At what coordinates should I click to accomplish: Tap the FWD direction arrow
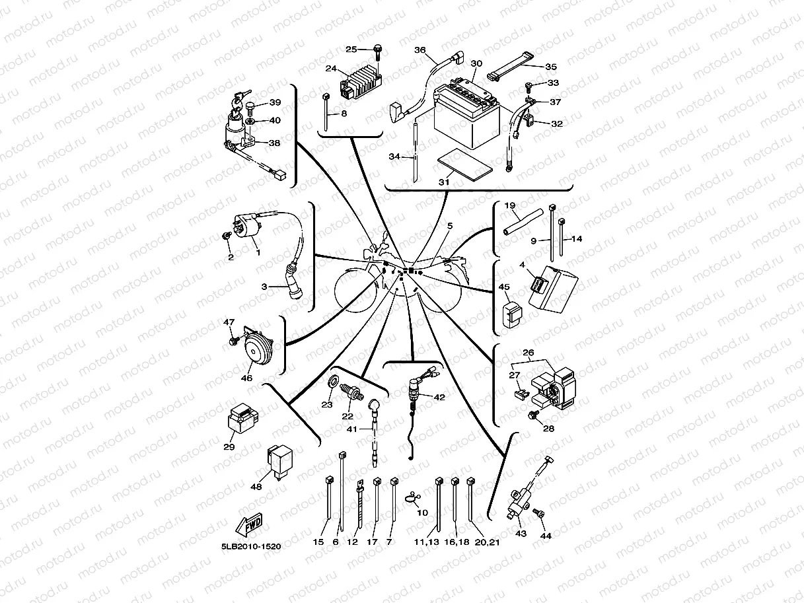247,526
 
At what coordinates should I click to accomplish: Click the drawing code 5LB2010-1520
246,547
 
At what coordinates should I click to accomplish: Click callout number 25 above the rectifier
351,50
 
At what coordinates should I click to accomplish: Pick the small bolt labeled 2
226,236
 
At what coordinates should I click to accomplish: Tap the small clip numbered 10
413,497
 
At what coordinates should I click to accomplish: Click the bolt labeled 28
534,414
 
